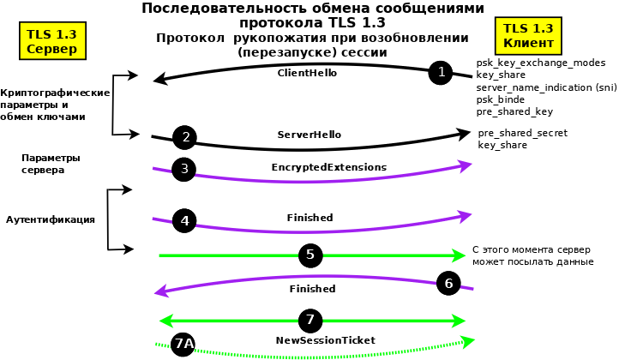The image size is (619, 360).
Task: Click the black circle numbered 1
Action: tap(441, 73)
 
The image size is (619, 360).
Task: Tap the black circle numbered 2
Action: tap(185, 137)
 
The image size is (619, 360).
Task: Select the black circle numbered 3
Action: tap(184, 169)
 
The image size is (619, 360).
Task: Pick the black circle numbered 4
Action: tap(184, 220)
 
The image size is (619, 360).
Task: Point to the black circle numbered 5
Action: tap(310, 255)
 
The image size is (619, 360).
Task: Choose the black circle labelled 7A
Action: tap(183, 345)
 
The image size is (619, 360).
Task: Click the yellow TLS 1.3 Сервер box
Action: tap(52, 41)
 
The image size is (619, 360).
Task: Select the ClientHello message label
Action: tap(307, 74)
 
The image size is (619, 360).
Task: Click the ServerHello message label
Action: tap(309, 135)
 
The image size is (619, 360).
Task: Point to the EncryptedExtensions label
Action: tap(328, 166)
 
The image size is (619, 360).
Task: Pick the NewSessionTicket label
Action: tap(326, 340)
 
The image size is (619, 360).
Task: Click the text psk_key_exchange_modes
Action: tap(540, 63)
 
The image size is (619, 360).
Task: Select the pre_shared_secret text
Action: tap(523, 134)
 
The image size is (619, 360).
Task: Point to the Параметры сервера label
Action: tap(51, 164)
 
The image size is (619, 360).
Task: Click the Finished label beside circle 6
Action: tap(312, 289)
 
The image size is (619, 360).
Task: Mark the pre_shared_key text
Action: tap(514, 111)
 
